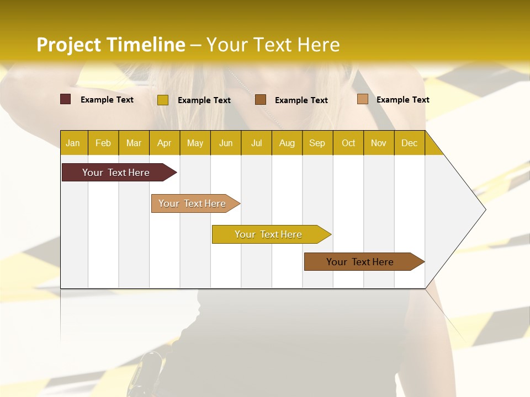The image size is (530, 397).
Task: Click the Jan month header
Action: [x=73, y=143]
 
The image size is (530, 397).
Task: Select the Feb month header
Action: [x=103, y=143]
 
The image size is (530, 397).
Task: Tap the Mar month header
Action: [x=134, y=143]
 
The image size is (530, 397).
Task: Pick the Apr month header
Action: [x=165, y=143]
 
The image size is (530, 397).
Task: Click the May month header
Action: [x=195, y=143]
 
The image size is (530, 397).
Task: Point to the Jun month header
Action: [x=226, y=143]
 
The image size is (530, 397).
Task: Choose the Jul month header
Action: [x=256, y=143]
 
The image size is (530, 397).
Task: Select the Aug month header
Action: [x=287, y=143]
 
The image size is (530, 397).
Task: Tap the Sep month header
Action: [x=317, y=143]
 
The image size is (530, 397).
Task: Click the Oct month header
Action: [x=348, y=143]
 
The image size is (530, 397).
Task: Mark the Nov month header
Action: [x=379, y=143]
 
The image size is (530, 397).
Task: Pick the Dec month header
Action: [x=410, y=143]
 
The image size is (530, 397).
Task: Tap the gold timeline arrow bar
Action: [x=269, y=234]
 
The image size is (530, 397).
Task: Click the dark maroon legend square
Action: [x=66, y=99]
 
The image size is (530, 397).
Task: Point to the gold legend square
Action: [x=163, y=100]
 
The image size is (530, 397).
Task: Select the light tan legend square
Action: [x=363, y=99]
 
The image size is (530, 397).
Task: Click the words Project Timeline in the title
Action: [x=111, y=45]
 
